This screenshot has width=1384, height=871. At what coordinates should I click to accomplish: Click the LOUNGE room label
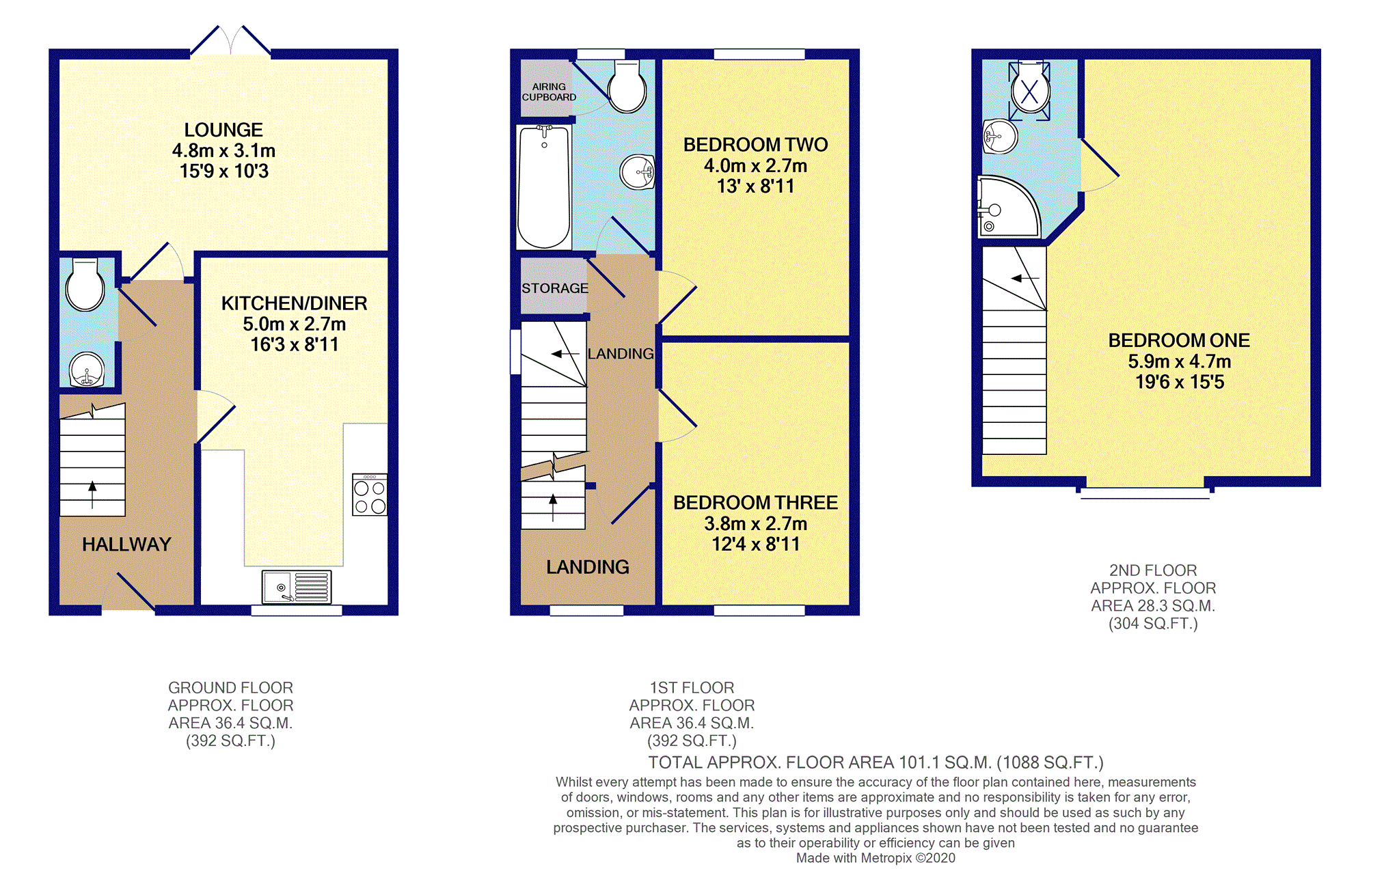coord(223,130)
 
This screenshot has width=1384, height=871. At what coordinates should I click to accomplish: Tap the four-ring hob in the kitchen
coord(370,495)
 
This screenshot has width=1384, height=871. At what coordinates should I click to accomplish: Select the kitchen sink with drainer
coord(297,587)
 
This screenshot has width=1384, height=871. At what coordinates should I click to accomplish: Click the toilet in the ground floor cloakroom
coord(85,286)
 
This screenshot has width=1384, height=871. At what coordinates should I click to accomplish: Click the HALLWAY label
coord(126,544)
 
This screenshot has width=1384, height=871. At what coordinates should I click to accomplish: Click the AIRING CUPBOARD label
coord(549,92)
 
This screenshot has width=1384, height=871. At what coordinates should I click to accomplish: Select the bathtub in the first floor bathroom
coord(544,186)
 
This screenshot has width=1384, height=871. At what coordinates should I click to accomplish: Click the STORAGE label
coord(554,288)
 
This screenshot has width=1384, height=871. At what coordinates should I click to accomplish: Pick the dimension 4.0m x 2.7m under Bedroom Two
coord(755,165)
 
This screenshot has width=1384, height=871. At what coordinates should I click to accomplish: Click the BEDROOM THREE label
coord(755,503)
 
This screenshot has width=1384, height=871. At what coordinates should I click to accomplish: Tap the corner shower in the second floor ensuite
coord(1007,208)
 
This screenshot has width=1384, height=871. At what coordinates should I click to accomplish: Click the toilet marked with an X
coord(1030,90)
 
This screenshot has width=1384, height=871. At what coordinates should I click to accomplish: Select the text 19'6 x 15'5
coord(1180,382)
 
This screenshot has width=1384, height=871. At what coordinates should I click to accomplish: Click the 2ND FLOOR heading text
coord(1153,570)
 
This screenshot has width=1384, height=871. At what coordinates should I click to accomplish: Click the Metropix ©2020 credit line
coord(876,858)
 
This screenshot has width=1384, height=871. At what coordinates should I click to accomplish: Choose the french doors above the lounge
coord(230,41)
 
